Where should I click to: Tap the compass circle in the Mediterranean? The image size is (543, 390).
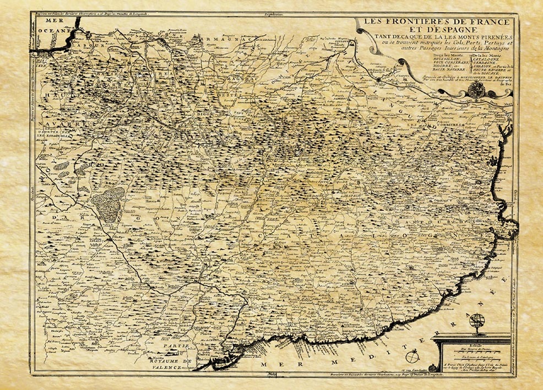pos(408,358)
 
